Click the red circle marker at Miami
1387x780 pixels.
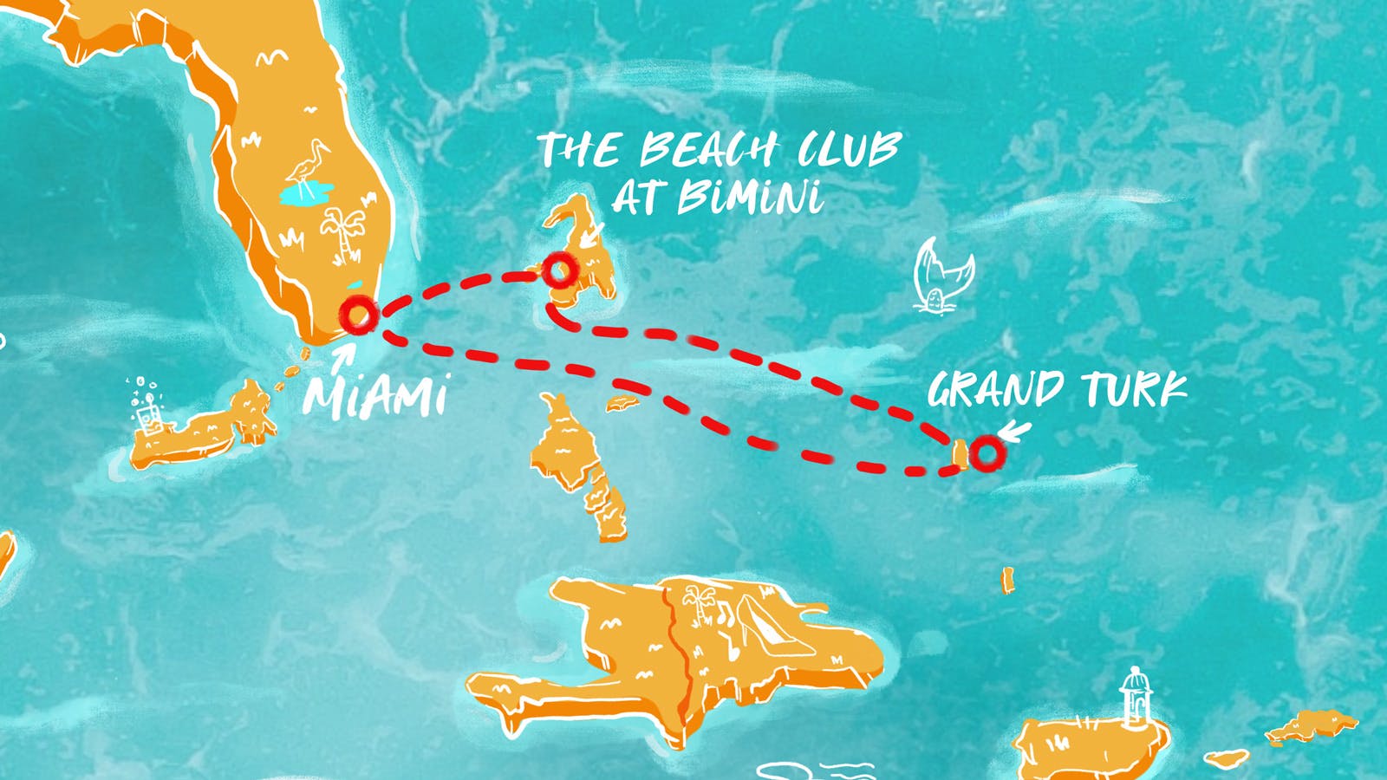(358, 314)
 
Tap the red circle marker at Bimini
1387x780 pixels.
(560, 270)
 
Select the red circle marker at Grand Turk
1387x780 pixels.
(986, 452)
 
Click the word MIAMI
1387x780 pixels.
(375, 396)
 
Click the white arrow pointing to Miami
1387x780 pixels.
(342, 357)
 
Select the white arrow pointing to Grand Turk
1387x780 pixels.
(1013, 431)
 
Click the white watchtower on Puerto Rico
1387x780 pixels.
(1134, 698)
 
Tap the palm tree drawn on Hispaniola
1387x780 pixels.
(698, 602)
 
